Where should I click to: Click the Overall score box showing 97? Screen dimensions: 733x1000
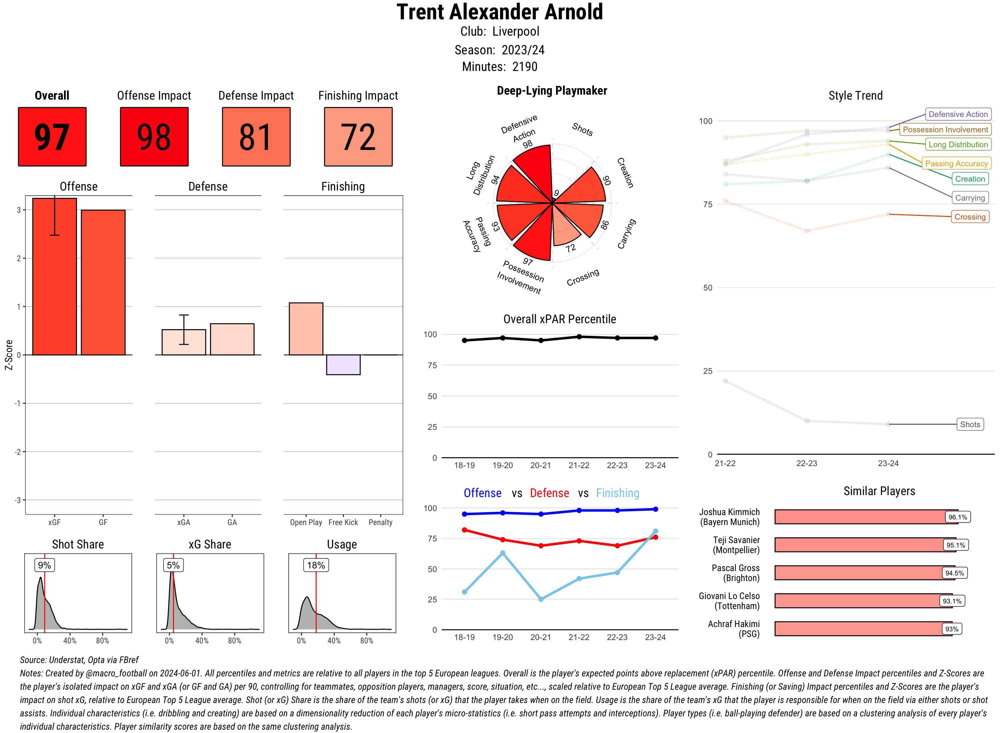pos(52,137)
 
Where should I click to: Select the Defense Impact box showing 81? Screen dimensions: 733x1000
pos(256,137)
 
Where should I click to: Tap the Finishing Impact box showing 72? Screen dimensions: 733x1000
pos(358,137)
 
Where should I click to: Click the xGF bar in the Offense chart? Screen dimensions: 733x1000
pos(55,277)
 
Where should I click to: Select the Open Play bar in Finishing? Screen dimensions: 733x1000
pos(306,329)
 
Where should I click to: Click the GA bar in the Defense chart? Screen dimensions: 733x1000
pos(232,340)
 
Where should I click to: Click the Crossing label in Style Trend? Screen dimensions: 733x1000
pos(970,217)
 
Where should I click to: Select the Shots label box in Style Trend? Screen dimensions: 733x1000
pos(970,424)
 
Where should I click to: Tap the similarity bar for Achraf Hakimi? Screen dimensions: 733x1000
pos(863,629)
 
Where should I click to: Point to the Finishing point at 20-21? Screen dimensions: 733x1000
pos(541,599)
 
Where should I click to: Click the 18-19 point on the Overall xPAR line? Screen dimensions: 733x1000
pos(464,340)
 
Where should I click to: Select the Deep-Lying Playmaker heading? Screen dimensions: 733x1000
pos(552,91)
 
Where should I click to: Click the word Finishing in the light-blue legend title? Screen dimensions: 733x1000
pos(617,493)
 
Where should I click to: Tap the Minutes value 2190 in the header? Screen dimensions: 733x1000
pos(525,67)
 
